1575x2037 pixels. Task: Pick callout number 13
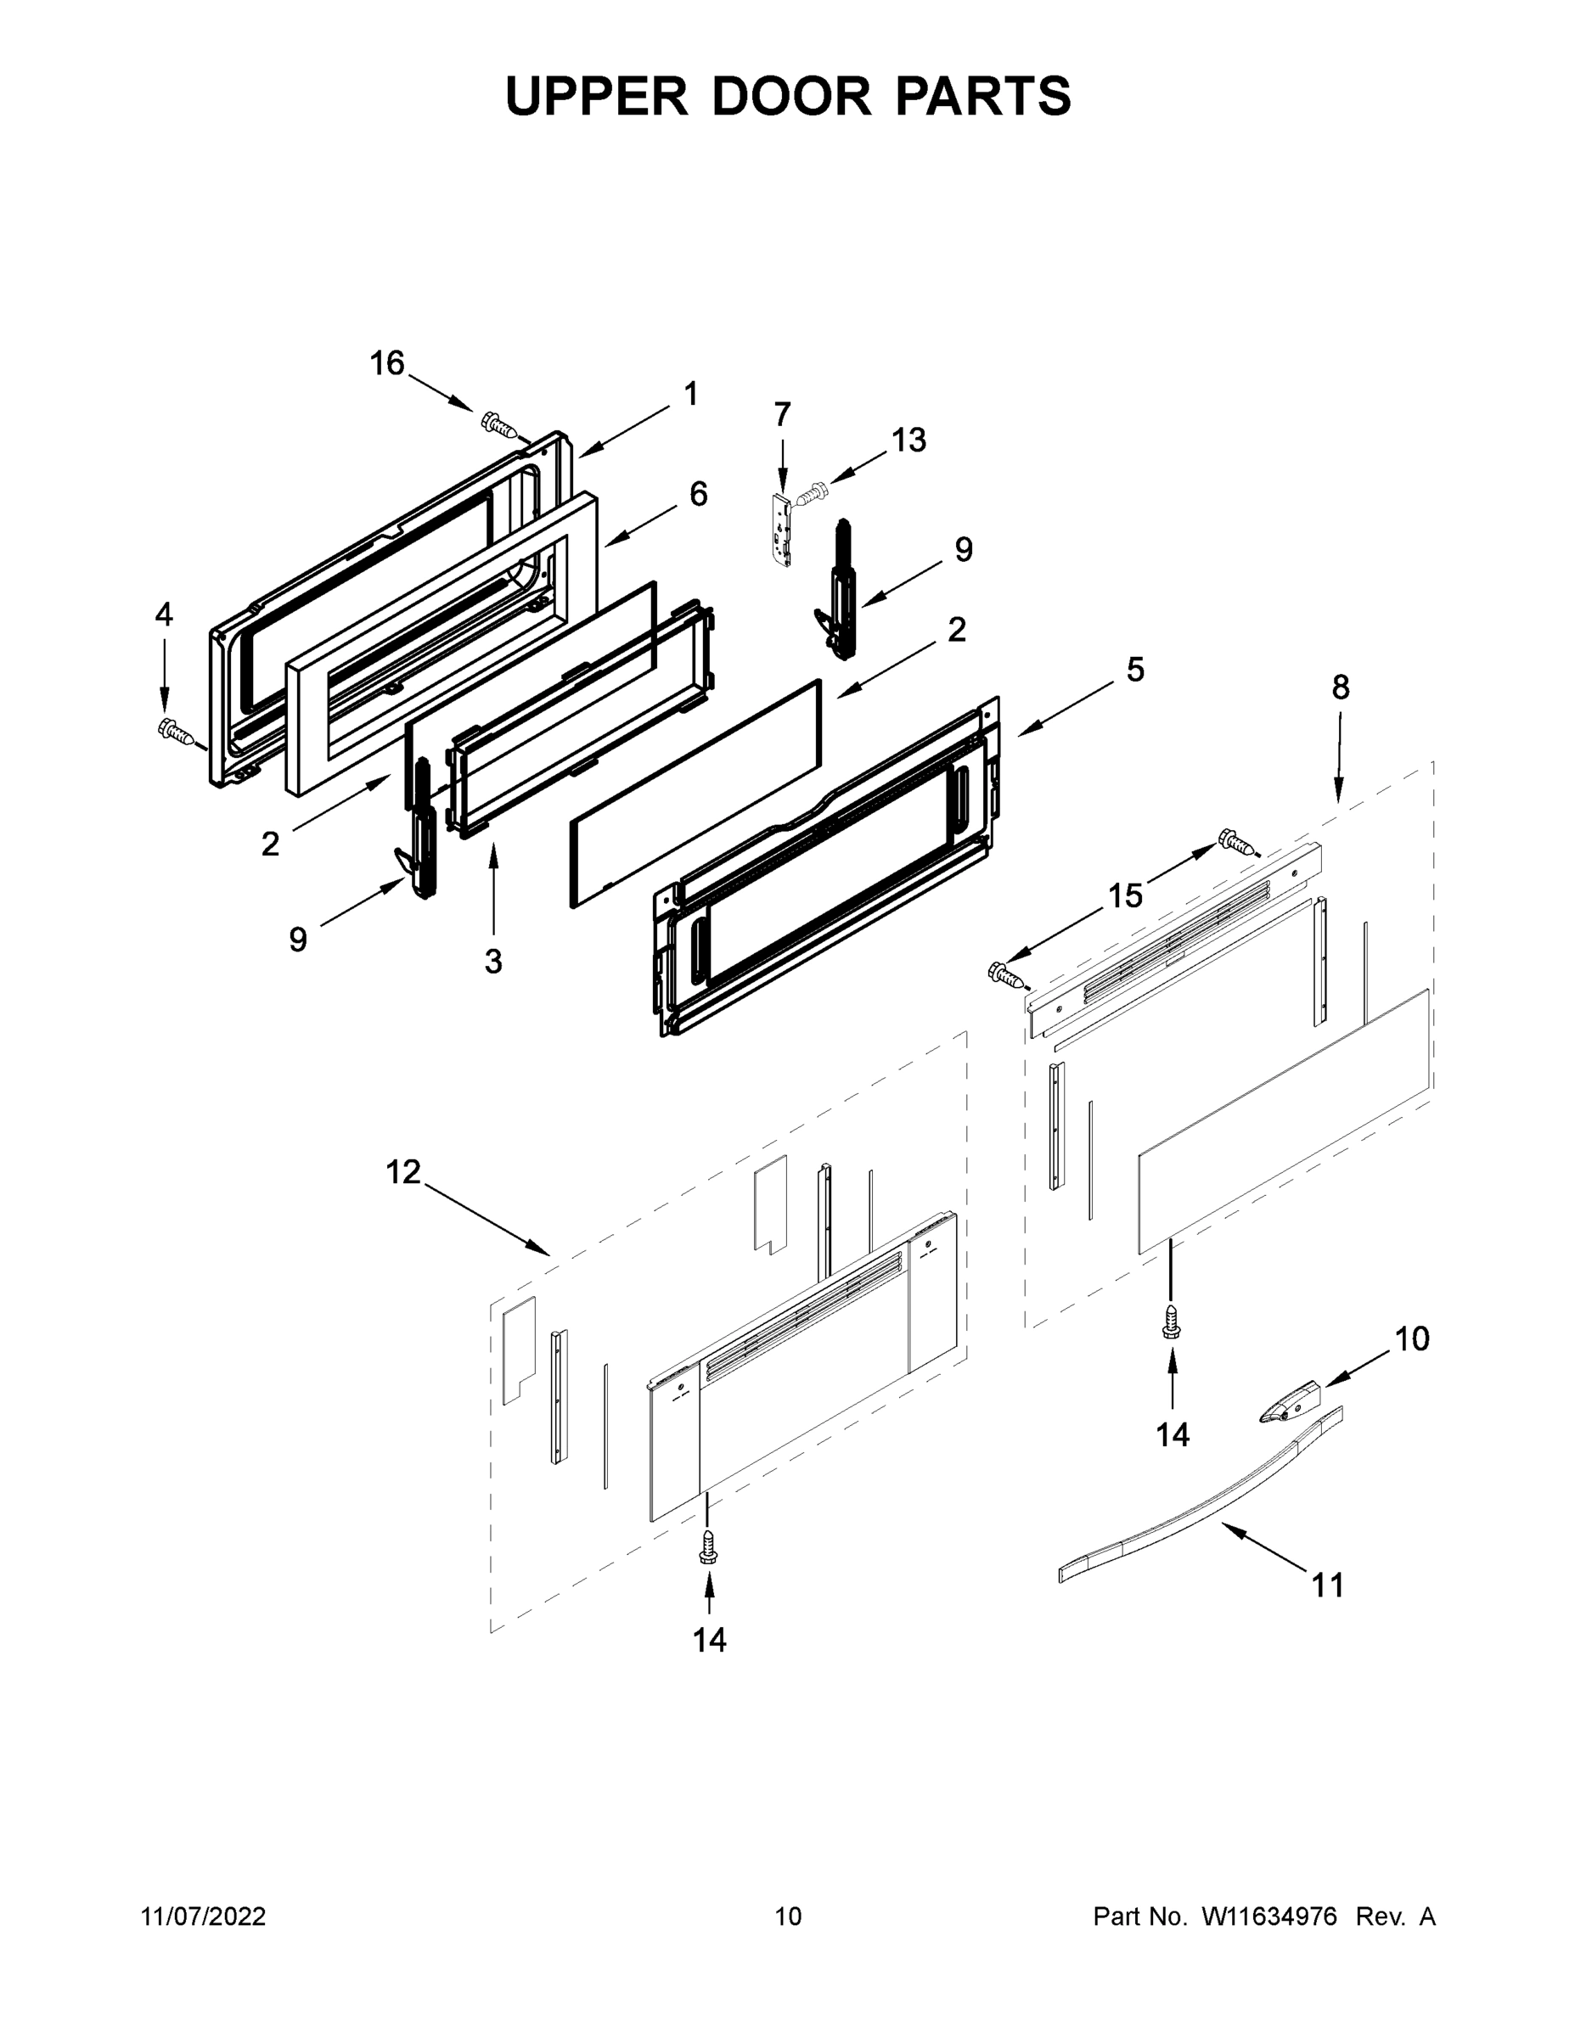tap(908, 440)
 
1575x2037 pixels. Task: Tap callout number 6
tap(698, 493)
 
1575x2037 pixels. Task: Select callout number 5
tap(1134, 670)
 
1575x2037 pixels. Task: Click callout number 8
tap(1340, 687)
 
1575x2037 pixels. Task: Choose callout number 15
tap(1125, 895)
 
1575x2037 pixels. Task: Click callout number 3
tap(492, 961)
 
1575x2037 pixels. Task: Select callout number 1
tap(690, 395)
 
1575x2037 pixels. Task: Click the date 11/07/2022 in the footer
tap(204, 1916)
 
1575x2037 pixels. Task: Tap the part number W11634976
tap(1270, 1916)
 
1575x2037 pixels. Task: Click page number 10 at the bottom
tap(788, 1916)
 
